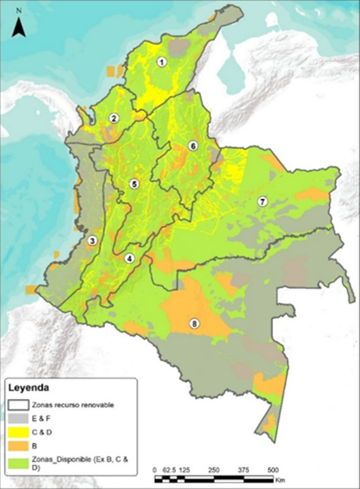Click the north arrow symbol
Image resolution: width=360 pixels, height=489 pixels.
coord(20,27)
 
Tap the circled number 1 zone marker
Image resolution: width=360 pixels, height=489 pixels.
coord(161,62)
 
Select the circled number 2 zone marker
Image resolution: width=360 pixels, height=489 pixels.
coord(114,118)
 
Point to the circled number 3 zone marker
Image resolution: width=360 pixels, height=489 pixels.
coord(92,241)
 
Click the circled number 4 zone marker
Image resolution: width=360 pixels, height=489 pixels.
coord(129,259)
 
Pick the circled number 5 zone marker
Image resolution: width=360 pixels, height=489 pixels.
coord(134,184)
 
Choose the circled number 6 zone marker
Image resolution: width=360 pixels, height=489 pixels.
coord(192,146)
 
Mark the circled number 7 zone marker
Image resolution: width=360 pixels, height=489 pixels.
coord(262,201)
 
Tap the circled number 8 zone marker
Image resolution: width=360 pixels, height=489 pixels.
coord(193,323)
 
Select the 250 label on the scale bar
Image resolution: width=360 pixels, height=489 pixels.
coord(213,469)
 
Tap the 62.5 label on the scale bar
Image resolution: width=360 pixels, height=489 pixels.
coord(169,469)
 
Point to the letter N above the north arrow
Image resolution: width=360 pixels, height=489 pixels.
coord(20,12)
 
